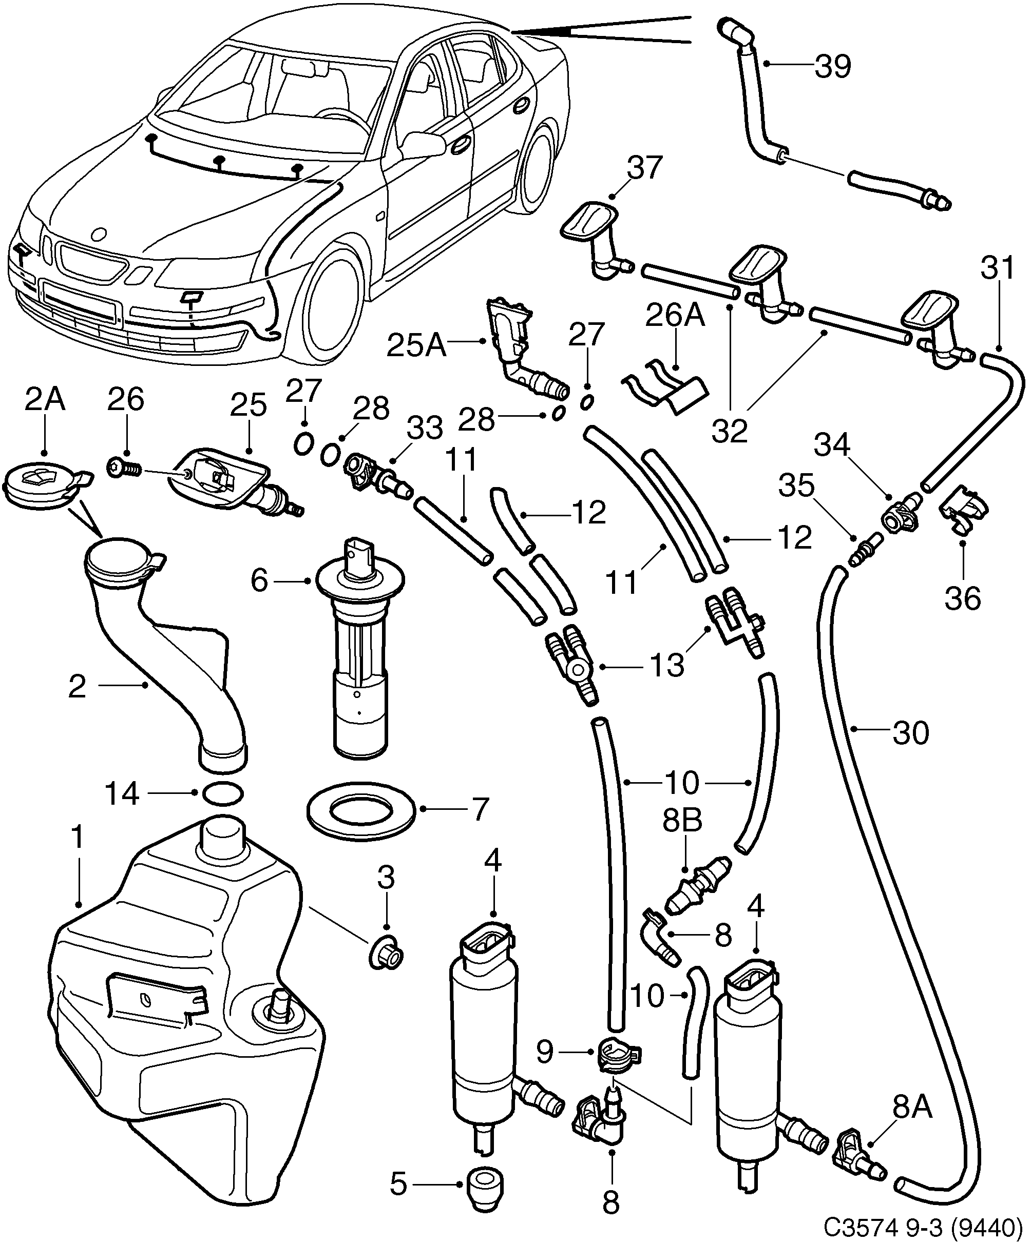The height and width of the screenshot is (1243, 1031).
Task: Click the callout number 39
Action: (x=833, y=66)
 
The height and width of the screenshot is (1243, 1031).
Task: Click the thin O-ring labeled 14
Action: (x=223, y=793)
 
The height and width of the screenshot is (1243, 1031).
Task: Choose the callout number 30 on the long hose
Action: (x=911, y=733)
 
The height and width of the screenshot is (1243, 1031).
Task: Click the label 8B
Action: (x=682, y=822)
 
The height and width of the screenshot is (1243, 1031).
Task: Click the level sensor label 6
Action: (x=259, y=581)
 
